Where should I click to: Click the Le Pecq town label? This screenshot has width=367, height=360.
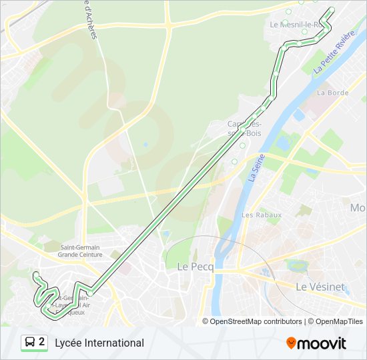[195, 266]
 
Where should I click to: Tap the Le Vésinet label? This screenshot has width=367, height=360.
[320, 287]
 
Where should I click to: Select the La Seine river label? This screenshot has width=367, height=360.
[254, 167]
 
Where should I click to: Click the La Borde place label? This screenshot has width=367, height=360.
[332, 93]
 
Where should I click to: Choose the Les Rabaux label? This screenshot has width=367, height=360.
[262, 215]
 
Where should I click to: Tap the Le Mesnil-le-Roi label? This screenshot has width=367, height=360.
[296, 24]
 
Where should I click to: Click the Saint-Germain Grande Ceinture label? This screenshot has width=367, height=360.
[80, 251]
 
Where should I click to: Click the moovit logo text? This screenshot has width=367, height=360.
[322, 343]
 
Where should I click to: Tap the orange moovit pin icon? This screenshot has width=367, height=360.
[292, 343]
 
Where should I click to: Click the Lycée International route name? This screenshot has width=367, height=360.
[99, 343]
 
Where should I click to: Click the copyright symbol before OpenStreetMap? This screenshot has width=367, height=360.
[206, 321]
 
